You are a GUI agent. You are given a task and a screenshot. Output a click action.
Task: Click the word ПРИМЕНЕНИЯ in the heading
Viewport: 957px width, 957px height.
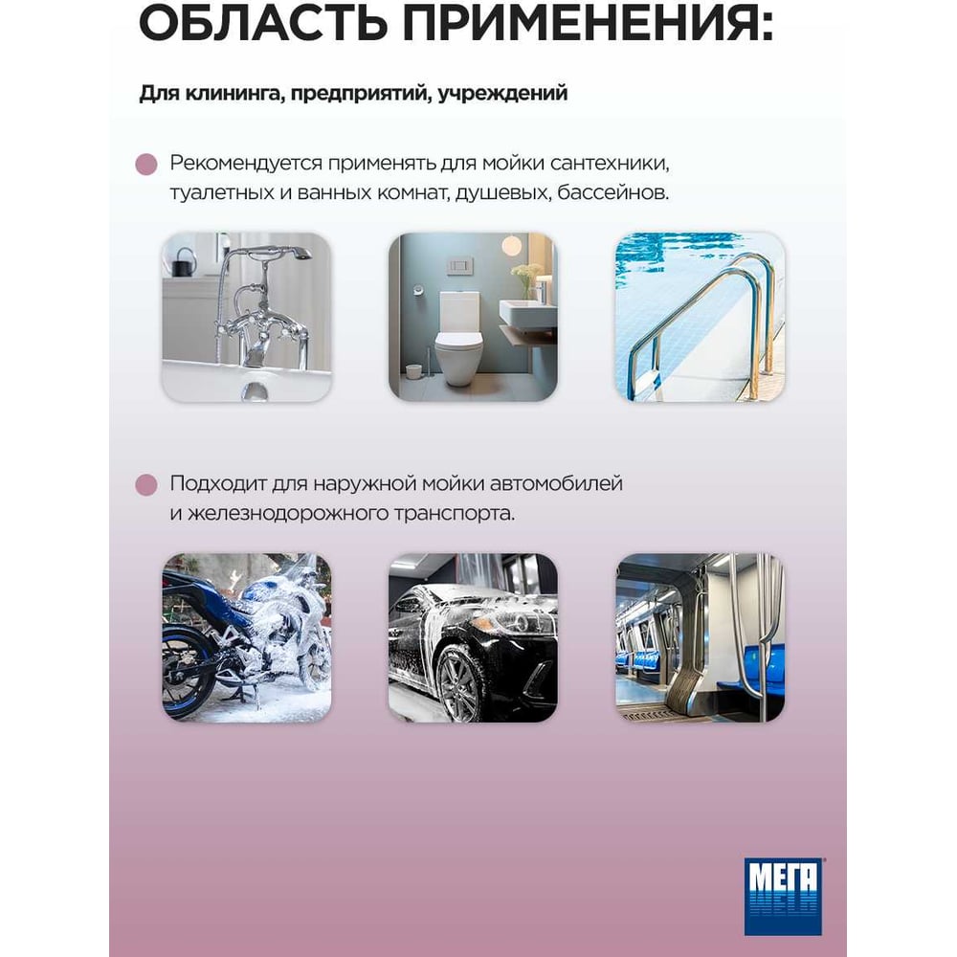588,23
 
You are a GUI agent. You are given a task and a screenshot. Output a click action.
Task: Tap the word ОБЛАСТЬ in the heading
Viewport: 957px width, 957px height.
263,23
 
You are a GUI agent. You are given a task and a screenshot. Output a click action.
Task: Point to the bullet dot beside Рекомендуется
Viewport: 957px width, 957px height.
146,165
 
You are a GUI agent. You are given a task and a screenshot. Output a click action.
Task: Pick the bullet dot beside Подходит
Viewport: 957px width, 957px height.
146,484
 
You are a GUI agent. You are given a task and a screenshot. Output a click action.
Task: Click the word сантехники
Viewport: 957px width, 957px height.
610,164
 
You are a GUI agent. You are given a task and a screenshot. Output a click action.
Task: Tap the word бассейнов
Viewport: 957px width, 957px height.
612,193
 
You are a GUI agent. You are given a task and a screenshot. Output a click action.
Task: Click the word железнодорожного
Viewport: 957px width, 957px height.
287,513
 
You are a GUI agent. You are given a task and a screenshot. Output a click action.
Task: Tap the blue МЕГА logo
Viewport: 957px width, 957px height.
783,897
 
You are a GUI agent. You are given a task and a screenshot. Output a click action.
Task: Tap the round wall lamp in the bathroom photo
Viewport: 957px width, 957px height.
511,246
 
